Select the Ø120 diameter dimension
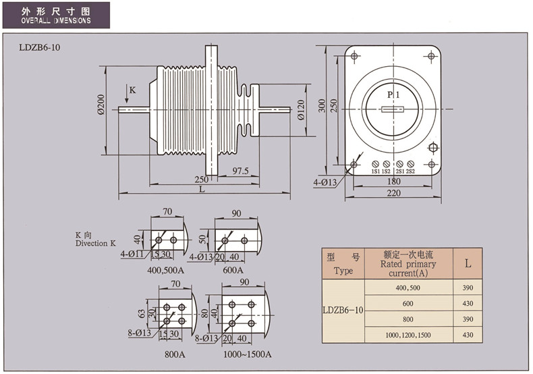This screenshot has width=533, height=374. [x=302, y=110]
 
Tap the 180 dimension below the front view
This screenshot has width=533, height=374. [x=393, y=182]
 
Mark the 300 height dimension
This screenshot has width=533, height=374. [x=323, y=106]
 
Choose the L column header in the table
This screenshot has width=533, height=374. [x=468, y=264]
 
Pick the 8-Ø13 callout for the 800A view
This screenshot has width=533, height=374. [x=142, y=333]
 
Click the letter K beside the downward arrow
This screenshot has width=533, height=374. [x=132, y=90]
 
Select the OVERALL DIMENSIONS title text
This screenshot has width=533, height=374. [x=55, y=21]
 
